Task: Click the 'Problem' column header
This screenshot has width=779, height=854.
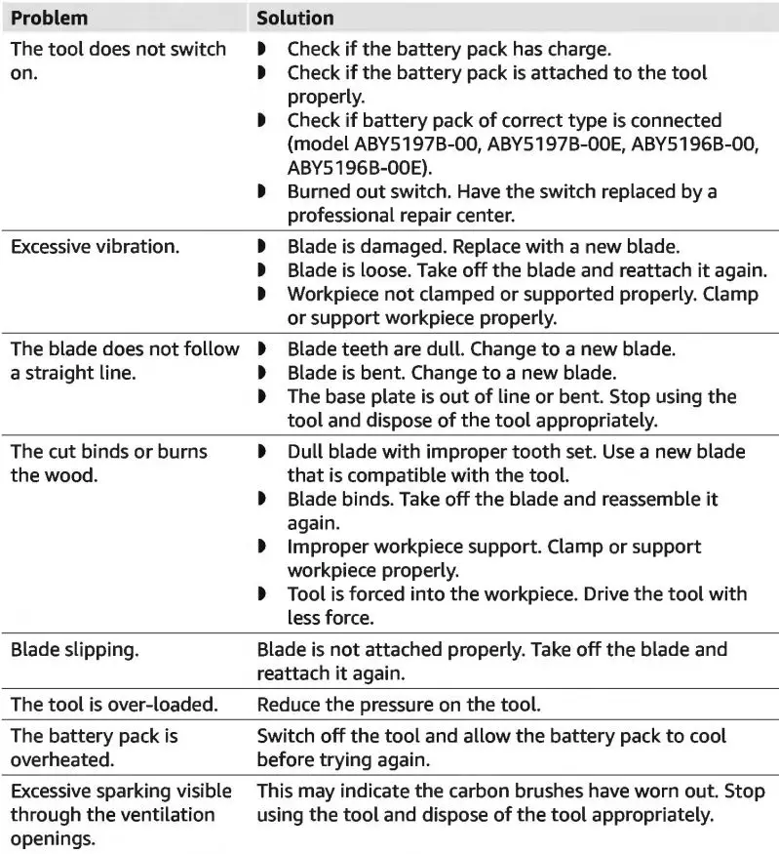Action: coord(49,19)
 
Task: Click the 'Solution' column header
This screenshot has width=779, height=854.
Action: coord(295,19)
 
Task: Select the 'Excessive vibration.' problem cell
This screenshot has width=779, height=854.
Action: coord(95,247)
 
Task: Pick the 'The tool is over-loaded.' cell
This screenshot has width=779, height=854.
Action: coord(114,704)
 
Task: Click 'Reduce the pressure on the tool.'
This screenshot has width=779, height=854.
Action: coord(398,704)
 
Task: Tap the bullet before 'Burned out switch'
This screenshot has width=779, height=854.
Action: coord(262,192)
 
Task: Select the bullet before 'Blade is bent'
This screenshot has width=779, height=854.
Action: coord(262,373)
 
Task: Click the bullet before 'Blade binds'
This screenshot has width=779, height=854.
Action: coord(262,500)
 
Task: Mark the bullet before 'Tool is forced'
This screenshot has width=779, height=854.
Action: coord(262,594)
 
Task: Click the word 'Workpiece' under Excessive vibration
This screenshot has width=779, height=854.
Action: coord(331,294)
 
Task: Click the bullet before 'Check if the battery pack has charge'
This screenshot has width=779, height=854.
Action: coord(262,49)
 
